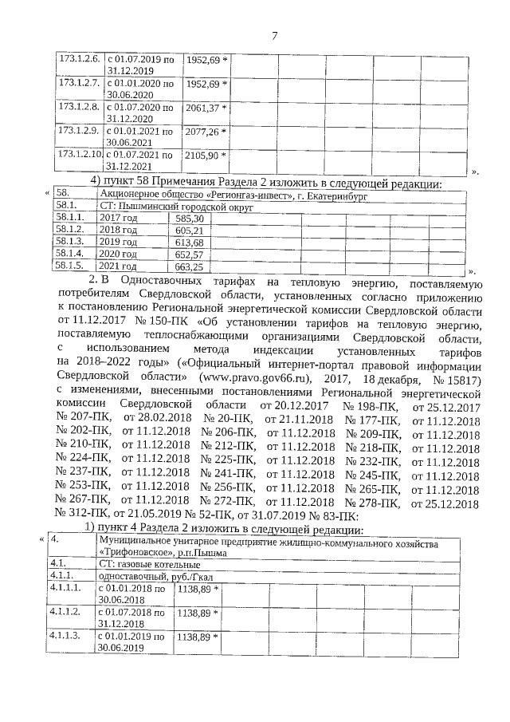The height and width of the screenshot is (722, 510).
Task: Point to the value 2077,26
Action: tap(203, 131)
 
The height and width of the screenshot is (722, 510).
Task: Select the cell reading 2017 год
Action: tap(117, 218)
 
